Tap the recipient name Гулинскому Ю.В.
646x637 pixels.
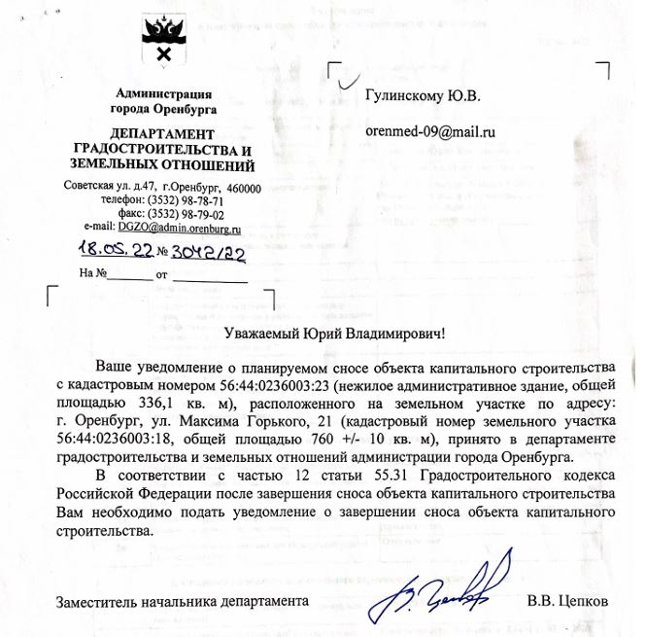423,96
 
